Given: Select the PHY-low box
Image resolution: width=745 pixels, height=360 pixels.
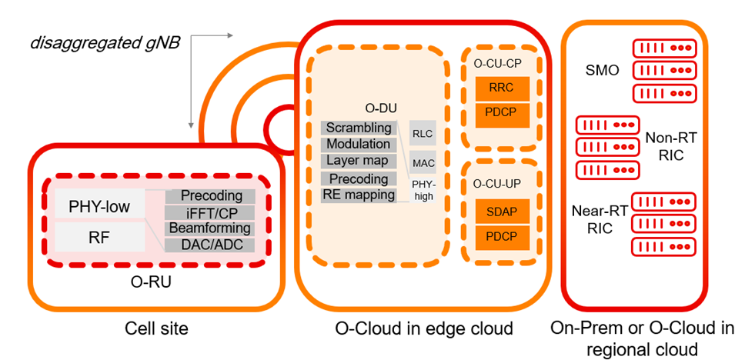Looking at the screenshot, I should [99, 206].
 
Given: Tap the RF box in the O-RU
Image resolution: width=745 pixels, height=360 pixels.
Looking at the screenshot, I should [99, 237].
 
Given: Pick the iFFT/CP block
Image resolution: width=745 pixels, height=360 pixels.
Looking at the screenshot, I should [209, 212].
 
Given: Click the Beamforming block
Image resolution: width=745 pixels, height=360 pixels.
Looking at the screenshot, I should [209, 228].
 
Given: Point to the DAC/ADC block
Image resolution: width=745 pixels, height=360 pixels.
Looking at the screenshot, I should [209, 245].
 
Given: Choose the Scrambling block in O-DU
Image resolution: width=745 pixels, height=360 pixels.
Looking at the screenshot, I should [358, 128].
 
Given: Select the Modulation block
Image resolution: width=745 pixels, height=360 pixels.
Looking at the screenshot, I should [358, 144].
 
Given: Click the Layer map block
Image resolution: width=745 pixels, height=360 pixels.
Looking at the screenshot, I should [358, 161].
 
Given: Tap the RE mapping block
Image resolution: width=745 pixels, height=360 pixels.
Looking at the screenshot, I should [358, 195].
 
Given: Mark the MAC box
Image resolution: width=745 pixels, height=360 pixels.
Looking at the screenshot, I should [423, 163].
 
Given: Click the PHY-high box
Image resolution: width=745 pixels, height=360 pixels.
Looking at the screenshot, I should [423, 190].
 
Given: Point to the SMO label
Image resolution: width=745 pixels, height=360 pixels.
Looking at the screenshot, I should [602, 71].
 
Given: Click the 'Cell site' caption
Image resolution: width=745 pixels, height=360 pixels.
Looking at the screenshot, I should [157, 329].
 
